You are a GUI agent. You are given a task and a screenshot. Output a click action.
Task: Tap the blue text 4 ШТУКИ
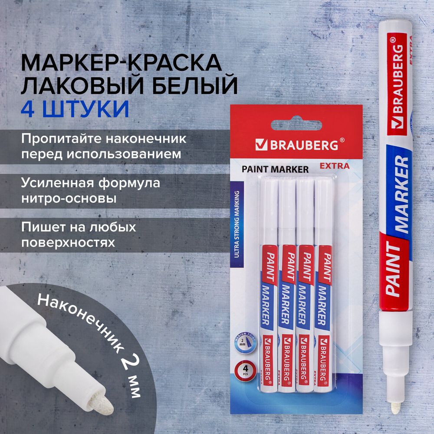click(x=75, y=109)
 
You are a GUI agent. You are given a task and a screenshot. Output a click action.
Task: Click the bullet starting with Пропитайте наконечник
click(x=104, y=147)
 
